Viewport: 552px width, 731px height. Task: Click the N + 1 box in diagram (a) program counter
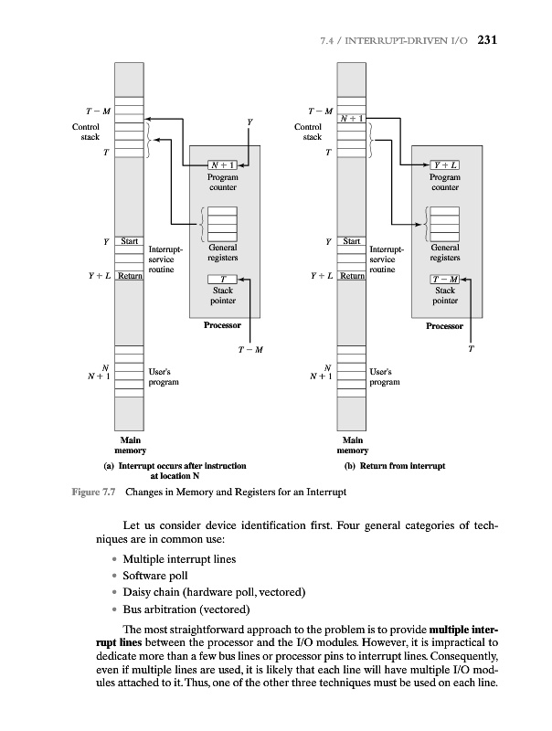[223, 164]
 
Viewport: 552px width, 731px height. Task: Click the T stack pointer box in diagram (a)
[223, 279]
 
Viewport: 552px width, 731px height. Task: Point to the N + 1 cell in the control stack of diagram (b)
[353, 118]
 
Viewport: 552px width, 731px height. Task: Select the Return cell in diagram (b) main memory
[353, 275]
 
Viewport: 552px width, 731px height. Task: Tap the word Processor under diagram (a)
[223, 324]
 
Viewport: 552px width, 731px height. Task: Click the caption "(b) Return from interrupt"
[394, 465]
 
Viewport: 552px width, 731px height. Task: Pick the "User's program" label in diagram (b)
[384, 377]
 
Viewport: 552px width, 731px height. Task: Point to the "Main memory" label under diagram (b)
[353, 445]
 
